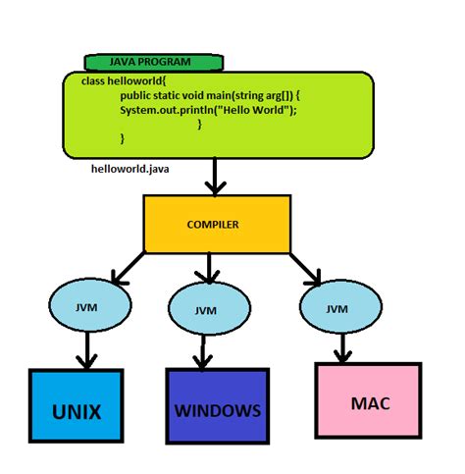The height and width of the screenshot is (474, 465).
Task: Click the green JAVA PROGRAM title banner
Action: click(152, 63)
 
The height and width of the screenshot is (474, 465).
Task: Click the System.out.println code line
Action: click(208, 109)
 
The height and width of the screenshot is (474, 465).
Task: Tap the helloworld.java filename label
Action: click(129, 169)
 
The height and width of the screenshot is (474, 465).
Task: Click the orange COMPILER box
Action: click(217, 224)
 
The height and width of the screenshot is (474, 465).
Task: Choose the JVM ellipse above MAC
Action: click(336, 308)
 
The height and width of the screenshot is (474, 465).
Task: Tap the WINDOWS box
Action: click(218, 409)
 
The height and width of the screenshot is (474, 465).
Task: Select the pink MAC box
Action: click(369, 402)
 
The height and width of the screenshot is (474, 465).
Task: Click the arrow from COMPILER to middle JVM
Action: click(206, 267)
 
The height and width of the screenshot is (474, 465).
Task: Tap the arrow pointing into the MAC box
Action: click(341, 345)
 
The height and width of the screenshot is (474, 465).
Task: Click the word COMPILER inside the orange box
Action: click(213, 225)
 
